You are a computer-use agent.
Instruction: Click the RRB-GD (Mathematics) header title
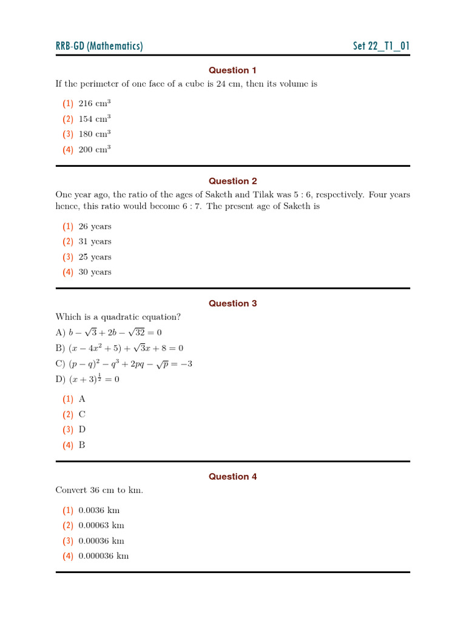coord(99,46)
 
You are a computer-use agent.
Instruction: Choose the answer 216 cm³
coord(95,104)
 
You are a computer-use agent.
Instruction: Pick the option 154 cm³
coord(95,119)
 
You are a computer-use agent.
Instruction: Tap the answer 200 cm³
coord(95,149)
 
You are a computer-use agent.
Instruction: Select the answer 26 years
coord(95,226)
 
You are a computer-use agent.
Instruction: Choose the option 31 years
coord(95,241)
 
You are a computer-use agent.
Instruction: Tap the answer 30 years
coord(95,272)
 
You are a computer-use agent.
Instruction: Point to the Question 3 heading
coord(233,303)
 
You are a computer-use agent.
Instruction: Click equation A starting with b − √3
coord(109,332)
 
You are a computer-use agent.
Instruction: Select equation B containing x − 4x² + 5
coord(120,348)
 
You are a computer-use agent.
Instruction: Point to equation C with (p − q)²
coord(124,364)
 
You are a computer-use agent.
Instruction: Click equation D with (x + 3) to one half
coord(87,379)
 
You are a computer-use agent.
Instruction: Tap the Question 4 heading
coord(233,477)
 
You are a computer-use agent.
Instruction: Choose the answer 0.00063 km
coord(101,525)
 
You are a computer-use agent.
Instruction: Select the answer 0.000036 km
coord(104,556)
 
